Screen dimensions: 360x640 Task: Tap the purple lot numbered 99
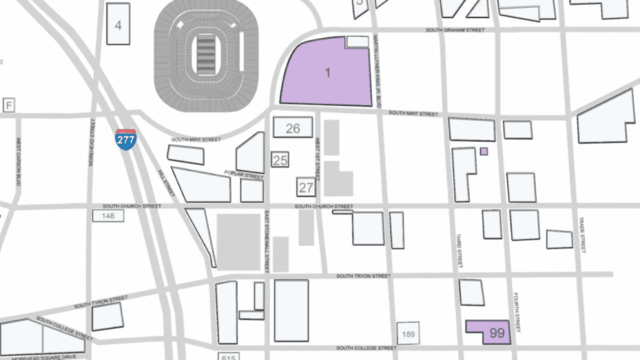(496, 333)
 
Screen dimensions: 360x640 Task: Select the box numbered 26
(293, 128)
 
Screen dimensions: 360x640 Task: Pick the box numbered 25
(280, 160)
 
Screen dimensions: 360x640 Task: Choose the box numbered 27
(306, 187)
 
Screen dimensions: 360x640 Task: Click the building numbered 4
(118, 25)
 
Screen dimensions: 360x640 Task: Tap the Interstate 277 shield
(125, 140)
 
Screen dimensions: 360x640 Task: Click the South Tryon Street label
(363, 276)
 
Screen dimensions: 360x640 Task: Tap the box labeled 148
(108, 216)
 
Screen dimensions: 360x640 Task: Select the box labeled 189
(408, 334)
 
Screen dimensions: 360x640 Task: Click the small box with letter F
(9, 105)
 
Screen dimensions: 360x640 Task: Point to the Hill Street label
(167, 184)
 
